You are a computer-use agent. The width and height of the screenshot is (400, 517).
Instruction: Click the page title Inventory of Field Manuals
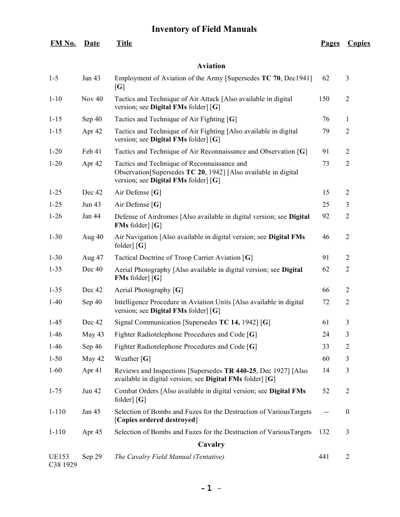(x=204, y=29)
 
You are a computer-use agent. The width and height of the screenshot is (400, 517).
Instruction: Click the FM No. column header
(x=63, y=43)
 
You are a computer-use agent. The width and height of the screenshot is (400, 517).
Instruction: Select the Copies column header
(x=359, y=43)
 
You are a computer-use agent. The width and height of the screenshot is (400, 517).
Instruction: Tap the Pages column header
(x=330, y=43)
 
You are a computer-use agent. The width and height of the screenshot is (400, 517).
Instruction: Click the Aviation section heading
(x=211, y=66)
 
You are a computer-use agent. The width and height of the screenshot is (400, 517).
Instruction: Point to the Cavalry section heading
(x=211, y=445)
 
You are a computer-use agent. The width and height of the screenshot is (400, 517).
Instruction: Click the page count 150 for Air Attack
(x=324, y=99)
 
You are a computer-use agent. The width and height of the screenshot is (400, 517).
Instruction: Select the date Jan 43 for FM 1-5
(x=92, y=78)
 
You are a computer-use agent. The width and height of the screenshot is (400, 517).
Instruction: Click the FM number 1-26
(x=56, y=216)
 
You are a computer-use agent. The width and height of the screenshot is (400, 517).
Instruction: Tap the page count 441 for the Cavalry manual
(x=324, y=457)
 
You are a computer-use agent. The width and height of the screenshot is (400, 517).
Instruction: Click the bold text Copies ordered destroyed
(x=156, y=420)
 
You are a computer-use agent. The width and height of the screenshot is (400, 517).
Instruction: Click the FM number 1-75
(x=56, y=391)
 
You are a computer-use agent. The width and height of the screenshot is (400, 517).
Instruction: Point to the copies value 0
(x=347, y=412)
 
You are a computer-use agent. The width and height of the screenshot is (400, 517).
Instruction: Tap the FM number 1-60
(x=56, y=370)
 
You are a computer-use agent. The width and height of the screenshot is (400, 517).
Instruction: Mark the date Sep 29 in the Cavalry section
(x=92, y=457)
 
